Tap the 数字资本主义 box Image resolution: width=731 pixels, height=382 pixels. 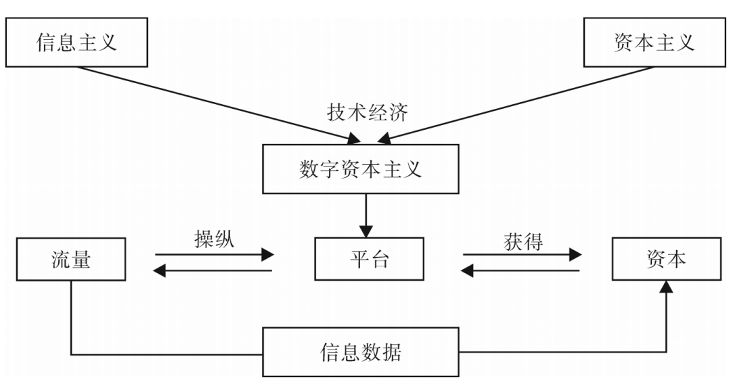coord(360,169)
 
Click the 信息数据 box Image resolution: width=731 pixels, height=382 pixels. coord(360,352)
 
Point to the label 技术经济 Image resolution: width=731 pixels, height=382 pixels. coord(368,112)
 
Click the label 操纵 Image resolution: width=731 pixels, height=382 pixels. coord(214,239)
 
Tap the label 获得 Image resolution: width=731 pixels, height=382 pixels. coord(523,241)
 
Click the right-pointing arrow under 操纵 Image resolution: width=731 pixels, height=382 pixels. coord(214,255)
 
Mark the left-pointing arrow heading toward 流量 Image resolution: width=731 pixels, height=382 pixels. coord(214,271)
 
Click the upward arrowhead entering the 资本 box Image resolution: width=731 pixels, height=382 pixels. coord(667,287)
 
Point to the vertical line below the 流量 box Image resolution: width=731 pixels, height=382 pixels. coord(71,318)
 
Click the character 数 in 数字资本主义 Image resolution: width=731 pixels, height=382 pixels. coord(309,169)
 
